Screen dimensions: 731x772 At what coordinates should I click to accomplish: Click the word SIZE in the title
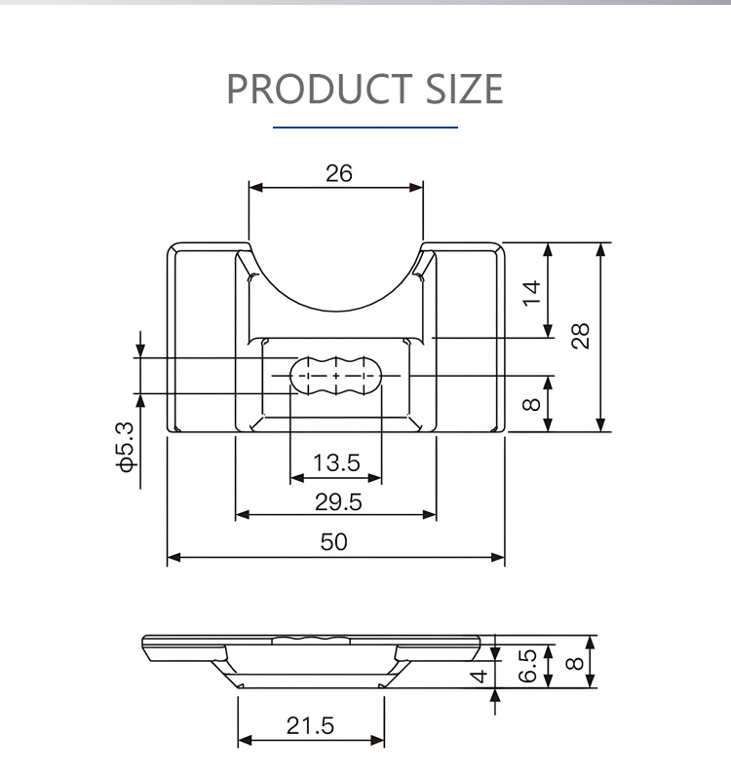464,89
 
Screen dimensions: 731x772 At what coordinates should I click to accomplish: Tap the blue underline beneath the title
365,127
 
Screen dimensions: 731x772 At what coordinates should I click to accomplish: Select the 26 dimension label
338,173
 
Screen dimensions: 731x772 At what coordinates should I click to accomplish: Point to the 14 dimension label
531,294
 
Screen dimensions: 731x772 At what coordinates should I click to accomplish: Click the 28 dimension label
580,336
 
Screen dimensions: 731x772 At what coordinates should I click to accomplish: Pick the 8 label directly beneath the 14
531,405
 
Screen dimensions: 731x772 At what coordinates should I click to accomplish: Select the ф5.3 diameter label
125,447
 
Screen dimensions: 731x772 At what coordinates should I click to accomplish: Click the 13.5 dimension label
336,462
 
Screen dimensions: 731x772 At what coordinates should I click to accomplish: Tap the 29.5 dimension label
338,502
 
